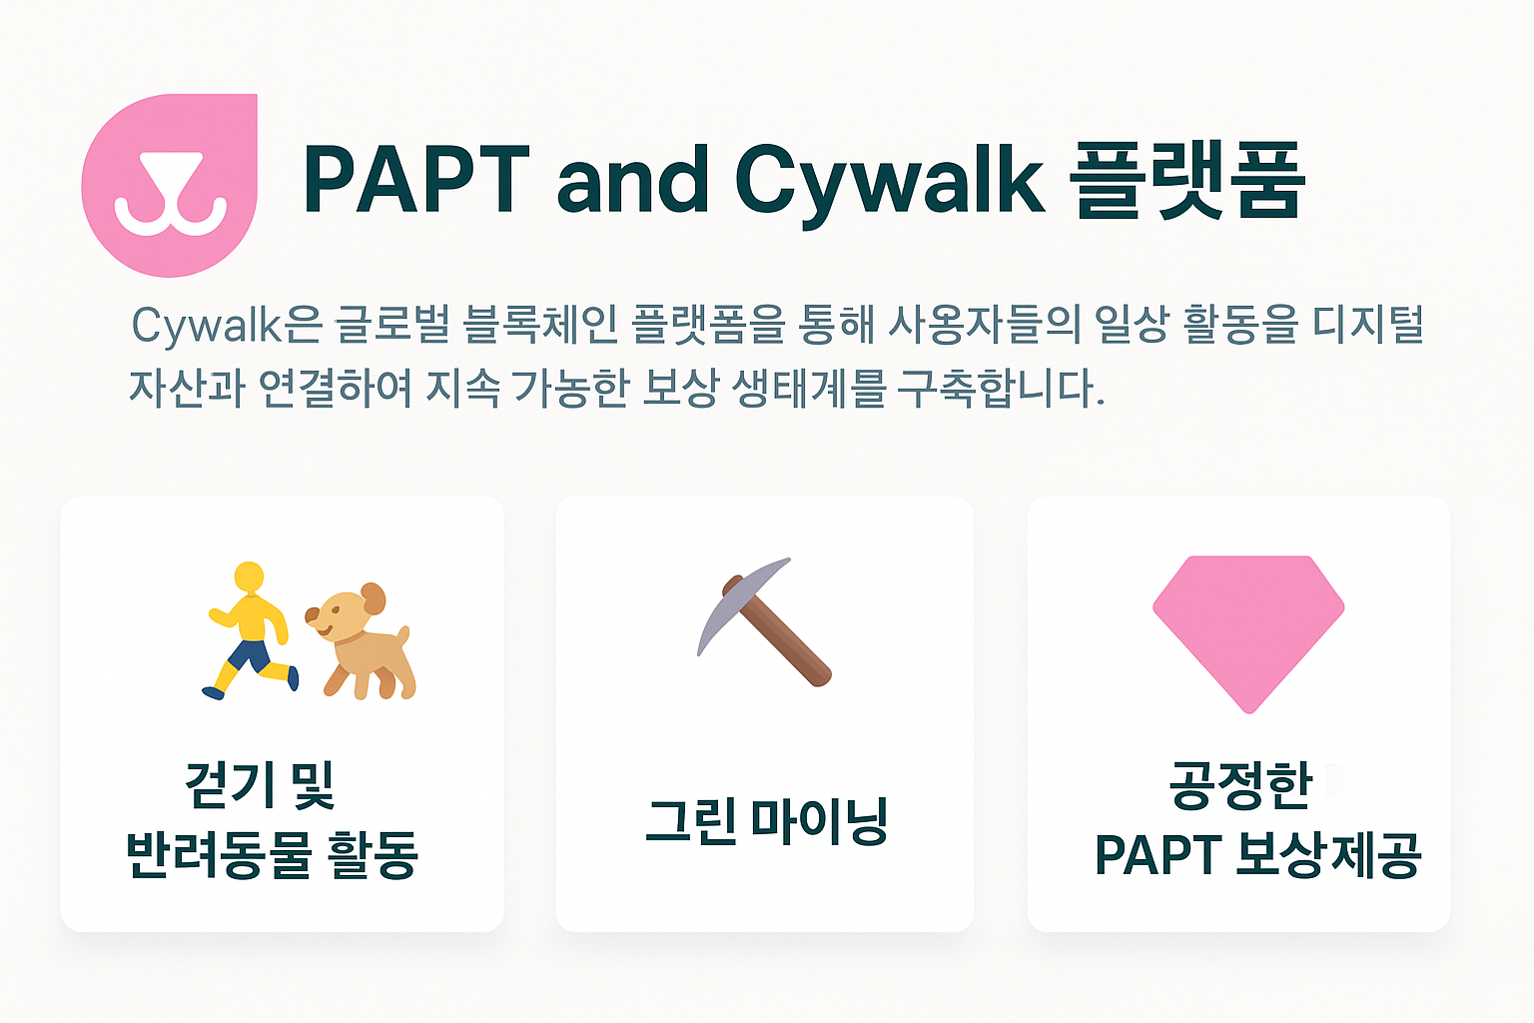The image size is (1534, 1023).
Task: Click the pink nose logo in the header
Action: coord(169,186)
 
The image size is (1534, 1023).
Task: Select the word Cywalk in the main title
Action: coord(890,185)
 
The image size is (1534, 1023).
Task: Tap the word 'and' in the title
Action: coord(633,179)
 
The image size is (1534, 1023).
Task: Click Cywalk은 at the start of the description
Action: coord(227,325)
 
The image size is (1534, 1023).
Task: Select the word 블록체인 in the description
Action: coord(541,324)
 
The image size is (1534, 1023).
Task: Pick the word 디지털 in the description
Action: coord(1369,324)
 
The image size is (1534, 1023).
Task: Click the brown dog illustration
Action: coord(361,642)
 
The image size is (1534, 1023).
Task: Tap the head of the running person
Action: coord(249,577)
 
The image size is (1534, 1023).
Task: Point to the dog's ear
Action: coord(374,598)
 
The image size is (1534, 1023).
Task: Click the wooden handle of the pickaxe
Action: coord(777,630)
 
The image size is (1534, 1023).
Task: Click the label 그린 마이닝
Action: coord(766,821)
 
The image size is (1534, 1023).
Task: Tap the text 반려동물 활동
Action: coord(272,854)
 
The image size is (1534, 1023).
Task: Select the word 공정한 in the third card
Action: coord(1239,785)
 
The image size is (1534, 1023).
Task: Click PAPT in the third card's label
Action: coord(1158,854)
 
